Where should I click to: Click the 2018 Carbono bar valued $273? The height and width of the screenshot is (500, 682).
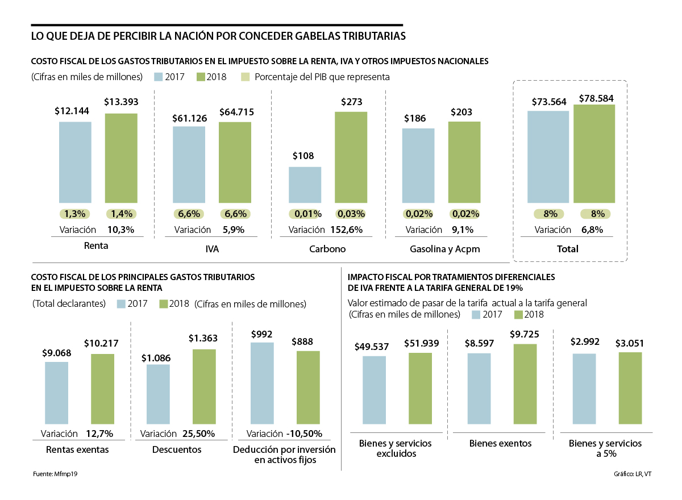coord(351,157)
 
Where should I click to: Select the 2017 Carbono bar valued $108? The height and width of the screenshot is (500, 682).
coord(305,185)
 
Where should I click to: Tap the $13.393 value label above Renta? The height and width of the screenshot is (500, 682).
coord(121,102)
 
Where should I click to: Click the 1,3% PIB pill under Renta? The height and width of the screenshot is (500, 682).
coord(75,214)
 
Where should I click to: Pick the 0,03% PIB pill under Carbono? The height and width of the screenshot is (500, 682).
coord(351,214)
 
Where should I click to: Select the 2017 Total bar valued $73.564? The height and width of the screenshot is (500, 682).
coord(548,157)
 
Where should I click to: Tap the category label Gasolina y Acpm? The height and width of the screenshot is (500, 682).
coord(441,249)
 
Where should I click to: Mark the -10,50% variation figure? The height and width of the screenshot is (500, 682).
coord(304,434)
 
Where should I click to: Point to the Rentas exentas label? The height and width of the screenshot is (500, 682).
coord(77,449)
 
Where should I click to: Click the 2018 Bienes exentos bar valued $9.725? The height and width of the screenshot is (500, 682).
coord(525,384)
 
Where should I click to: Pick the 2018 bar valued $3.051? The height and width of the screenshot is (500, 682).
coord(630,388)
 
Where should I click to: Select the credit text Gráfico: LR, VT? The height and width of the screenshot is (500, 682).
coord(632,474)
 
